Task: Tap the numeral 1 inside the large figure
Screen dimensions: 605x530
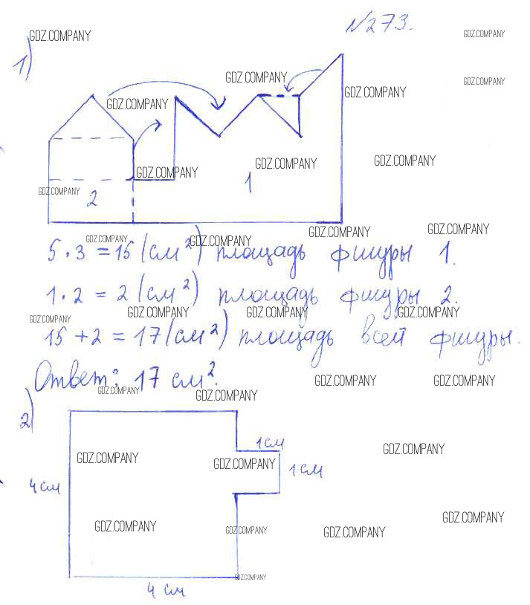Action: [248, 181]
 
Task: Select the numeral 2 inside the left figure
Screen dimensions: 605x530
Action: [91, 198]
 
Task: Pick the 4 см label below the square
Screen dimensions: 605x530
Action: [164, 591]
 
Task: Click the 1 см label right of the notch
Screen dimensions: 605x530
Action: [305, 470]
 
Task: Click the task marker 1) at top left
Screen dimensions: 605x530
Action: [22, 65]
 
